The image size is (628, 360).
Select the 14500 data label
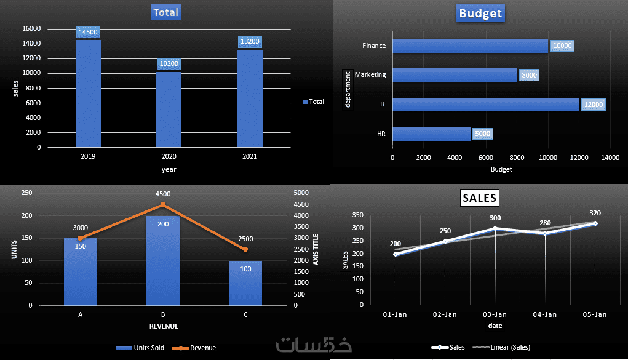coord(88,33)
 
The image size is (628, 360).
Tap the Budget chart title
coord(480,13)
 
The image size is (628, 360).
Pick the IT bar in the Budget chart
coord(485,105)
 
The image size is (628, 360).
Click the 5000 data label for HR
coord(482,134)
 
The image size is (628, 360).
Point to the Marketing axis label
coord(370,74)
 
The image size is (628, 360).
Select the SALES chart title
coord(480,198)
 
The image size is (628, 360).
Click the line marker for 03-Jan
coord(495,228)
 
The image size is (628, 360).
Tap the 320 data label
coord(595,213)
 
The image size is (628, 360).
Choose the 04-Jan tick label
coord(544,314)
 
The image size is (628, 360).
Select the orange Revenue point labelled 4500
coord(163,204)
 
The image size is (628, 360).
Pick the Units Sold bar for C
coord(245,283)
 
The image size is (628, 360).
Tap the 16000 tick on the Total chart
coord(31,29)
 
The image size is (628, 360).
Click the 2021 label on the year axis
coord(249,157)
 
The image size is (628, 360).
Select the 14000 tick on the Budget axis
coord(610,158)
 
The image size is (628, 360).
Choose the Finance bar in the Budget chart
coord(470,46)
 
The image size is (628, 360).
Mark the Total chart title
coord(167,12)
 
